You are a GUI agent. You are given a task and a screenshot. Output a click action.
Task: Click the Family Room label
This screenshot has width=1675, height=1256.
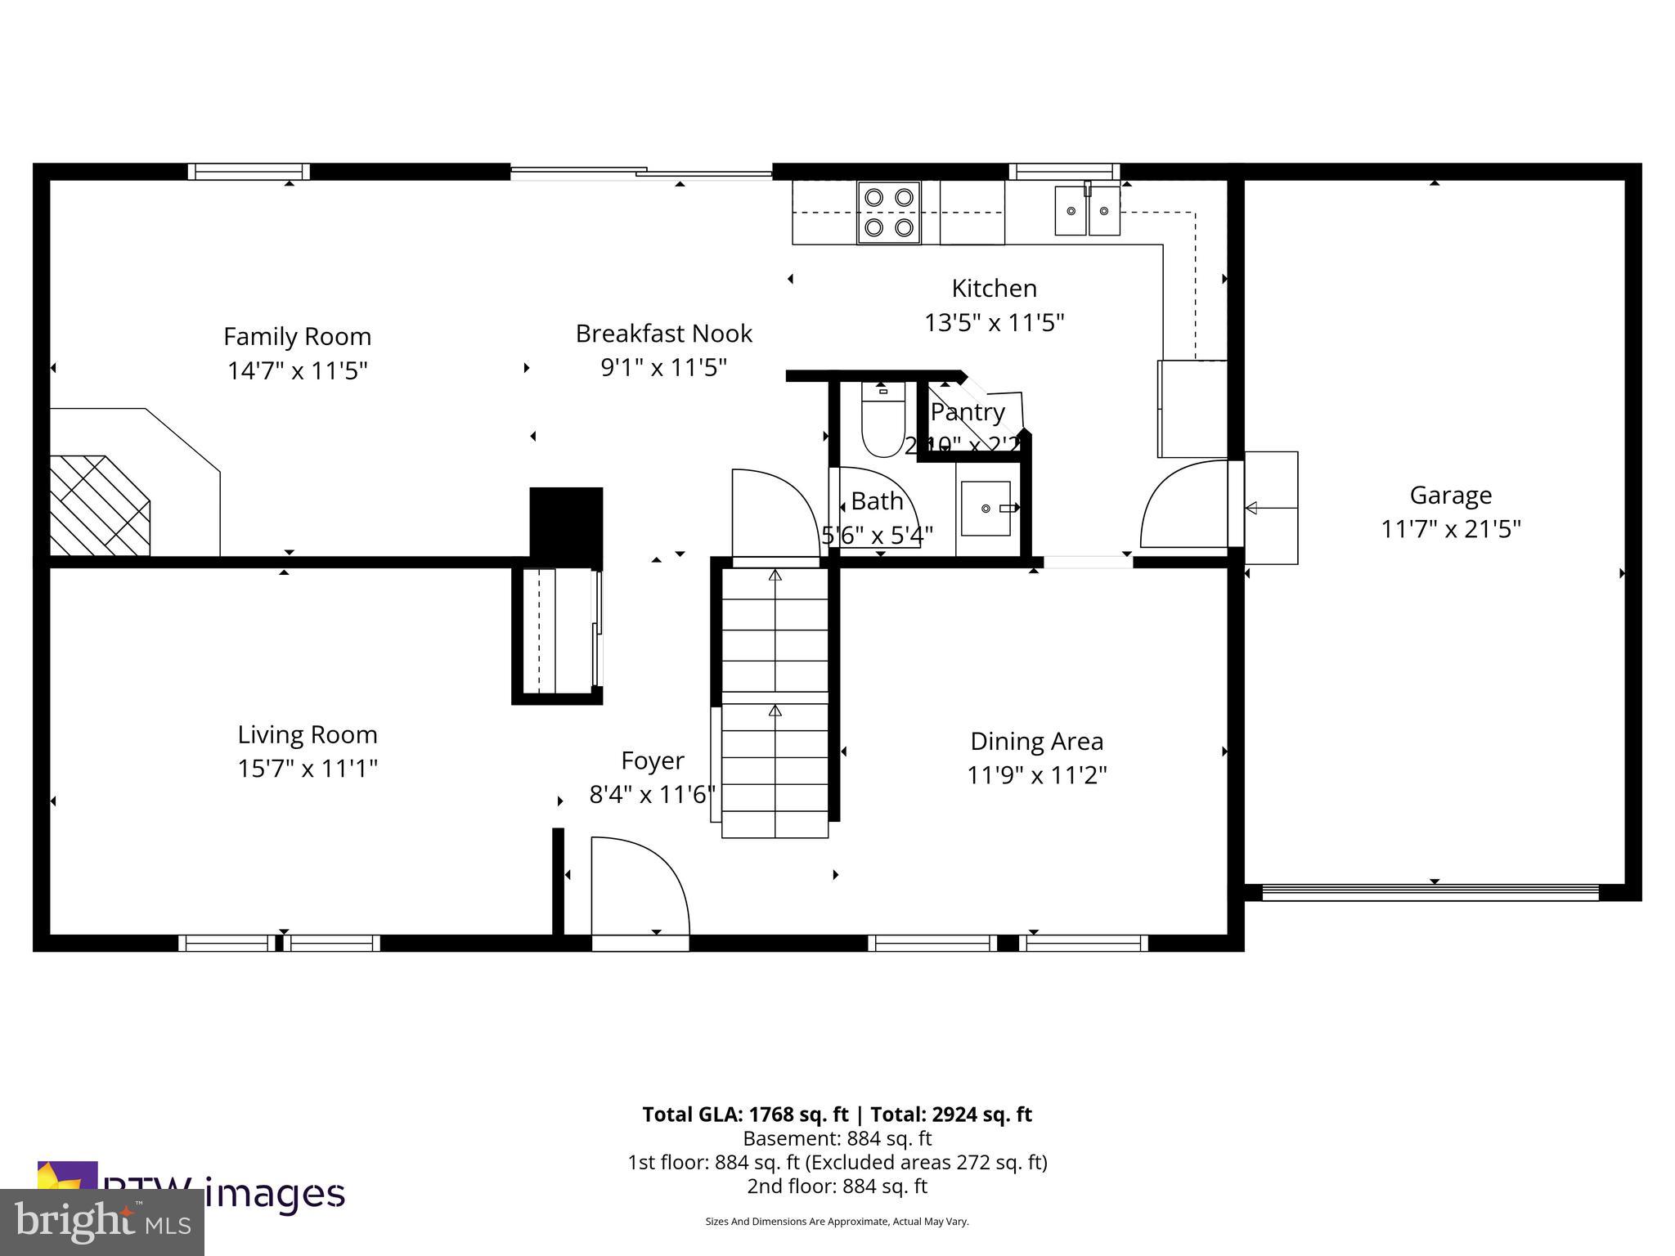297,336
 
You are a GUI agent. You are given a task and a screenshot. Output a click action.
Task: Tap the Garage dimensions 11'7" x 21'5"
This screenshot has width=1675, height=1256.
1450,529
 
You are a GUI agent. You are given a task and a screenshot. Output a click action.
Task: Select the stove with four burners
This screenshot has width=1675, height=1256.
889,213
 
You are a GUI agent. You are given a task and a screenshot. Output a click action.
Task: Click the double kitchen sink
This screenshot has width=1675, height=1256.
1086,211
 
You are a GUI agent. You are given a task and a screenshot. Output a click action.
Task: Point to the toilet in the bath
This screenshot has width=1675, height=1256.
882,420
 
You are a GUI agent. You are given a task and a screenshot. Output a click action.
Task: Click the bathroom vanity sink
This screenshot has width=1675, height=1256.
986,509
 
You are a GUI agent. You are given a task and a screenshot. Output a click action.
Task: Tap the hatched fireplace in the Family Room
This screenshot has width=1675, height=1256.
100,506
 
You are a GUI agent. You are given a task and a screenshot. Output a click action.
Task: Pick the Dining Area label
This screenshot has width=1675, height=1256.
1036,741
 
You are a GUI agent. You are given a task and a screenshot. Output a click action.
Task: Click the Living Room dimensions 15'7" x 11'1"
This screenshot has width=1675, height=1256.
308,769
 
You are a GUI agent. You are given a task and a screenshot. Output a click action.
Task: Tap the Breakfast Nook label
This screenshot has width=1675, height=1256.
663,334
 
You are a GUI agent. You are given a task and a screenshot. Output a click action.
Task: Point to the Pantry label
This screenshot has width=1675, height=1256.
968,412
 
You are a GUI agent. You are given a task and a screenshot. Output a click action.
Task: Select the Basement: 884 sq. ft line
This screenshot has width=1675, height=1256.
837,1138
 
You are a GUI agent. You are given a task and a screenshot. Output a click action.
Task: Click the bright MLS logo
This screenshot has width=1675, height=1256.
101,1222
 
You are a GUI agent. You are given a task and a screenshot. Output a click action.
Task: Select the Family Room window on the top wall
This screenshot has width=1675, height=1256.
249,172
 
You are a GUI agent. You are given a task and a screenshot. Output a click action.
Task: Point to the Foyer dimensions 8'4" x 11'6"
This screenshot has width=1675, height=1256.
652,794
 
